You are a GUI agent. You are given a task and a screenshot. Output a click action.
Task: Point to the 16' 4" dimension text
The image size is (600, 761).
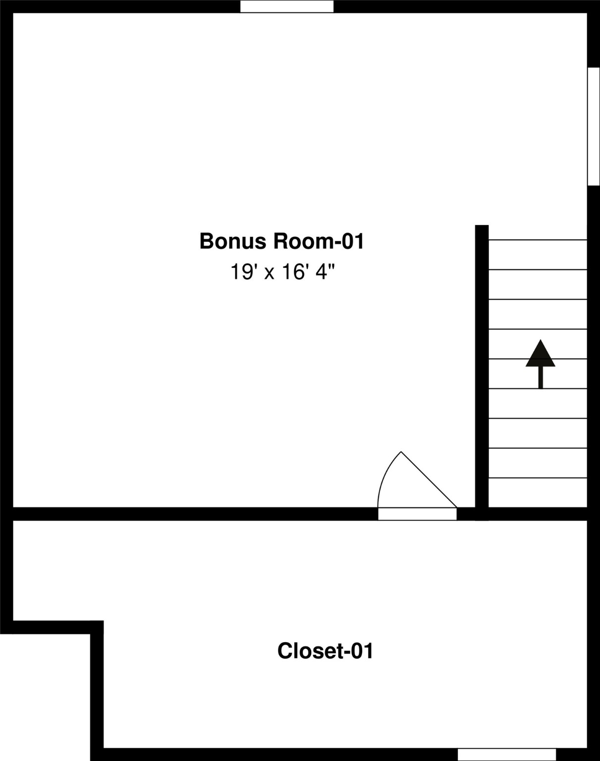click(x=308, y=272)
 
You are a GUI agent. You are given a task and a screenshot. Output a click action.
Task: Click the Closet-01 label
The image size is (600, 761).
click(x=325, y=651)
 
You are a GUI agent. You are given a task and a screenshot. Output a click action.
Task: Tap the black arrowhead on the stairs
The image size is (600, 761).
click(x=540, y=353)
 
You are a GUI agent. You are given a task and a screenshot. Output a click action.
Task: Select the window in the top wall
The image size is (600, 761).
click(x=287, y=6)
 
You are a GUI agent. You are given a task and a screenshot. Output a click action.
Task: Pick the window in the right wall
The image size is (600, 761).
click(x=594, y=126)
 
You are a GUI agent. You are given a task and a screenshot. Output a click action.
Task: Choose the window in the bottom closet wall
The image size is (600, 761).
click(x=507, y=755)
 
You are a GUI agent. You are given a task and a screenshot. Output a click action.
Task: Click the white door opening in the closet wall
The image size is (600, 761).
click(x=418, y=514)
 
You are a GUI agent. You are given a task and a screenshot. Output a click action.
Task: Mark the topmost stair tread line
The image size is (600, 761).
click(x=538, y=240)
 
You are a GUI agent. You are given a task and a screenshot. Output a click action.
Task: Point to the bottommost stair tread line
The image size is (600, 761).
click(x=538, y=478)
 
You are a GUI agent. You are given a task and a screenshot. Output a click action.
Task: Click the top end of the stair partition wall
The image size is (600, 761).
click(x=482, y=225)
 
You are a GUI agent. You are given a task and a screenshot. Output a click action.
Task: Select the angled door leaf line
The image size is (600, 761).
click(x=429, y=480)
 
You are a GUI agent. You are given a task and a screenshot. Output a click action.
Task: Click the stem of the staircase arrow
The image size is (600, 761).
click(x=541, y=378)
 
